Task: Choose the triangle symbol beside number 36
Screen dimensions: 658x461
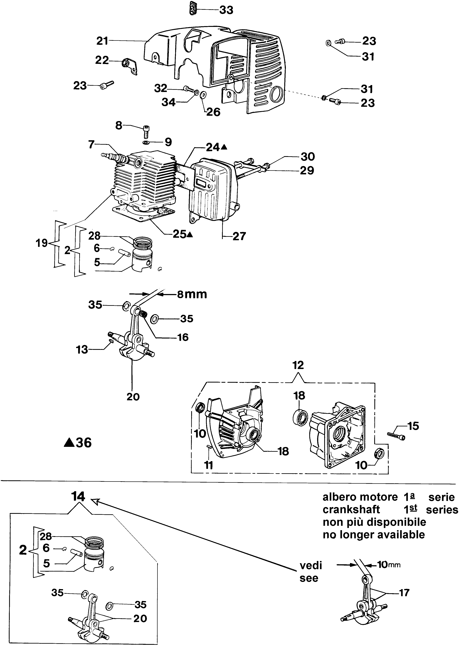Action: click(x=69, y=443)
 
